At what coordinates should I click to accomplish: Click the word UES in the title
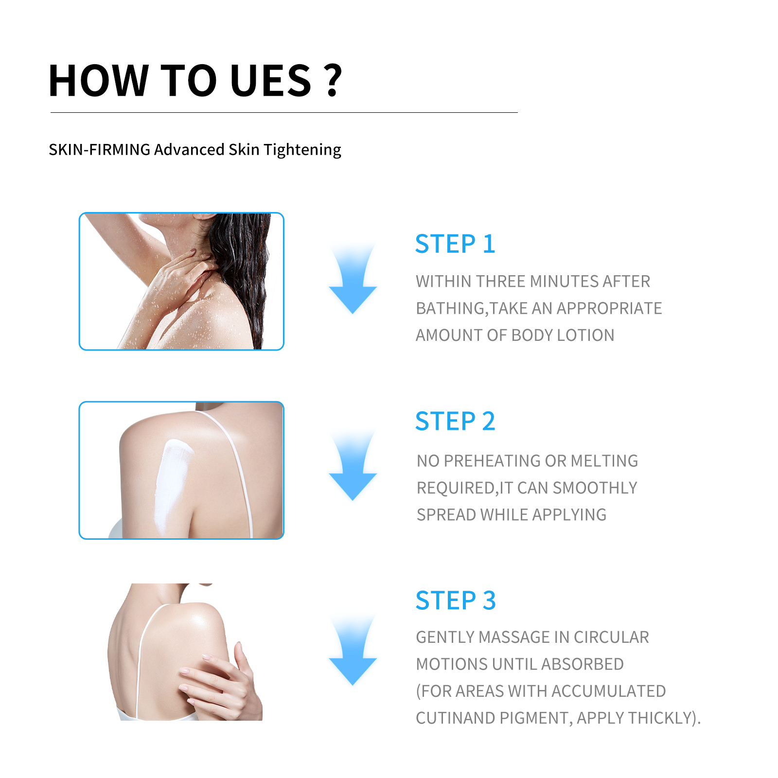pyautogui.click(x=270, y=81)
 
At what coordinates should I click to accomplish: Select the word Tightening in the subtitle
pyautogui.click(x=302, y=150)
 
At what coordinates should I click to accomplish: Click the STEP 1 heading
pyautogui.click(x=455, y=244)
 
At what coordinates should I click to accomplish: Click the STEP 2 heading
pyautogui.click(x=455, y=421)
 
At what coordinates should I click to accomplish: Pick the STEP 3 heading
pyautogui.click(x=455, y=601)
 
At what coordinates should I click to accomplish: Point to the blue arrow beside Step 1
pyautogui.click(x=353, y=282)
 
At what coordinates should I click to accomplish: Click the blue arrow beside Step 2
pyautogui.click(x=353, y=468)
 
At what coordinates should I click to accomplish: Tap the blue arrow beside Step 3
pyautogui.click(x=353, y=653)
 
